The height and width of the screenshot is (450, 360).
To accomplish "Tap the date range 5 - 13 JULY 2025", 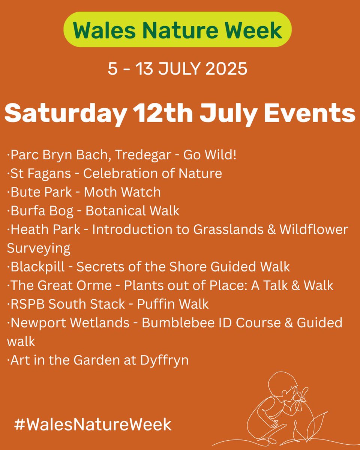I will [177, 69].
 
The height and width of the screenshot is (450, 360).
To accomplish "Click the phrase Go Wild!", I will [210, 155].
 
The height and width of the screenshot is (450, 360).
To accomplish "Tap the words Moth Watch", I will [122, 192].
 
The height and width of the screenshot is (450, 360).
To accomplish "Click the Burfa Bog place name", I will [42, 211].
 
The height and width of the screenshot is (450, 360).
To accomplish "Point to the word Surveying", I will [39, 248].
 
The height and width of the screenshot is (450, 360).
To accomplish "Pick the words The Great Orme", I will [61, 285].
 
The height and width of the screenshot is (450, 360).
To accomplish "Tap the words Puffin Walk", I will [172, 304].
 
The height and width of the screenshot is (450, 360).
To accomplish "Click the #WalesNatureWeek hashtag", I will [93, 424].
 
